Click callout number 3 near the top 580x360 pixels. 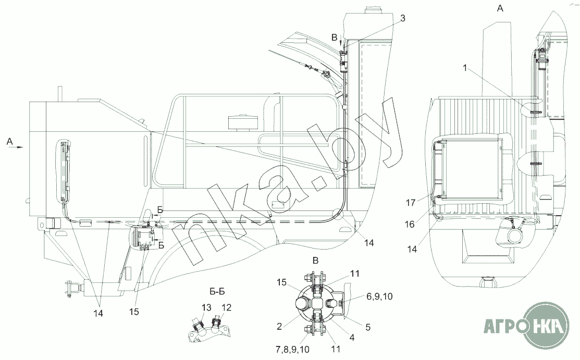pos(403,18)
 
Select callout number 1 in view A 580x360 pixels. pos(465,68)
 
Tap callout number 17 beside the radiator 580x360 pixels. pos(411,203)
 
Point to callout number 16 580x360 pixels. pos(410,224)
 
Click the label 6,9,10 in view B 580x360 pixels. pos(380,296)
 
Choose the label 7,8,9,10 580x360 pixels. pos(292,349)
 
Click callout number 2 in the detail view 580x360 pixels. pos(279,326)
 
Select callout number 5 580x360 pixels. pos(368,327)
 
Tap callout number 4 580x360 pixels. pos(352,338)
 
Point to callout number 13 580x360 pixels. pos(206,307)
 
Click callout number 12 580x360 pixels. pos(226,307)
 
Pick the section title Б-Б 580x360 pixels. pos(217,292)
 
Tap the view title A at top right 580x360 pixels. pos(500,8)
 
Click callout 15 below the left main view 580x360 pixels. pos(134,312)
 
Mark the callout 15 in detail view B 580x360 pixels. pos(282,282)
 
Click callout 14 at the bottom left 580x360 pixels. pos(98,313)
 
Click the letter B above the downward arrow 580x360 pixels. pos(335,38)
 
